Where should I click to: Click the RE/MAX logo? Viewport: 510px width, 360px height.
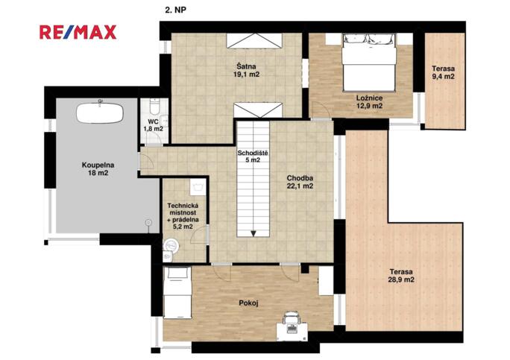(x=78, y=32)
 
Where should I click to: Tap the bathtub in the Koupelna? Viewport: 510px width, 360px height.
(x=100, y=113)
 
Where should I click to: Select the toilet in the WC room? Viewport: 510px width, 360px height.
(x=154, y=107)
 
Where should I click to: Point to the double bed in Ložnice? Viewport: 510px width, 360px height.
(x=369, y=63)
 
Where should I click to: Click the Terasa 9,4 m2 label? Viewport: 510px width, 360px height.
(x=444, y=72)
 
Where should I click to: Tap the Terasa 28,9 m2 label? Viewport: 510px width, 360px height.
(x=401, y=275)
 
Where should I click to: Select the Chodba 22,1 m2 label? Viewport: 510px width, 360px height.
(x=300, y=182)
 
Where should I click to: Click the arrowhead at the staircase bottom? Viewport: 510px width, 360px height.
(x=254, y=233)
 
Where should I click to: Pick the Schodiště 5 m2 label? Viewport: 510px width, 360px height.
(x=253, y=157)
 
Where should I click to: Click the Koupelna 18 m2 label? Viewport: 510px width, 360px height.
(x=98, y=168)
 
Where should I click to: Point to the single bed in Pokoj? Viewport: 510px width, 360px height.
(x=177, y=292)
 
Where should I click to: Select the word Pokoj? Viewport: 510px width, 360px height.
(x=248, y=303)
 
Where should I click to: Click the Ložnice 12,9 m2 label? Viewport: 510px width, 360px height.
(x=369, y=102)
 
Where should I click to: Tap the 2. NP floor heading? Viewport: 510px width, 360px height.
(x=175, y=10)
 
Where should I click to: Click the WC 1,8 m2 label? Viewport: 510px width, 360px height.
(x=153, y=125)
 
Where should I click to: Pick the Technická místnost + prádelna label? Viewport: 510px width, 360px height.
(x=183, y=216)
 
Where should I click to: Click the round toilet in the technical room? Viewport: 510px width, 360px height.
(x=171, y=246)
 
